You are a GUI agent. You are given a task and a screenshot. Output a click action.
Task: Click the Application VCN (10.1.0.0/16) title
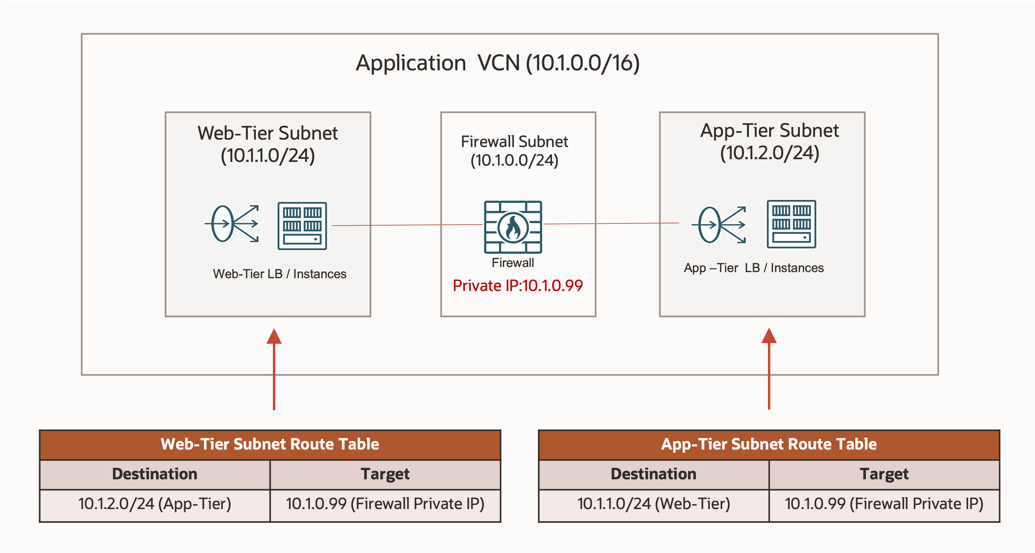[x=497, y=63]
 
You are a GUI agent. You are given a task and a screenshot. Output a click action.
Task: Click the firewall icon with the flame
[x=513, y=227]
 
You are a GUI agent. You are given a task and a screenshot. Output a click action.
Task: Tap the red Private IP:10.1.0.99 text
[x=517, y=286]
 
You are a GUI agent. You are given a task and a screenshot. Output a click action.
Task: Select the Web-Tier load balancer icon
[x=232, y=224]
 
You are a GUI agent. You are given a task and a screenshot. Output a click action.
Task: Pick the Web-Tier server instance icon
[x=302, y=226]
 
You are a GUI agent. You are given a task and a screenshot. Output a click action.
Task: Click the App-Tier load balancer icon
[x=719, y=225]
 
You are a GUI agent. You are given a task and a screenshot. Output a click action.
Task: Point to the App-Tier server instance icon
[x=791, y=224]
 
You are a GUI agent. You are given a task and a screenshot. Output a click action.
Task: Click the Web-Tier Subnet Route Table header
[x=270, y=444]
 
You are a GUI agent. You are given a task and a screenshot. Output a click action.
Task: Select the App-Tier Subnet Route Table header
[x=769, y=444]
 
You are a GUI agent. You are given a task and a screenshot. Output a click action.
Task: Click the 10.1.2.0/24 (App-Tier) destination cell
[x=155, y=504]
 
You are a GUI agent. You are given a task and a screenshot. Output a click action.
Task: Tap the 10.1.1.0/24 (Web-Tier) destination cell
[x=653, y=504]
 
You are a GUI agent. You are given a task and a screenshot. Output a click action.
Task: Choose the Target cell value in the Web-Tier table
[x=385, y=504]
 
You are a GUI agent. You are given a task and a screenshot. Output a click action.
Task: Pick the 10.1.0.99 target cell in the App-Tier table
[x=884, y=504]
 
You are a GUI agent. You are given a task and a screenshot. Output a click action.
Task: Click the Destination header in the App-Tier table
[x=653, y=474]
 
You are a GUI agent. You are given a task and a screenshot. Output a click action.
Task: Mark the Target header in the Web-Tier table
[x=385, y=474]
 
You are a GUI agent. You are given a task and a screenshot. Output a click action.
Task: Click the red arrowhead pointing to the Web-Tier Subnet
[x=274, y=337]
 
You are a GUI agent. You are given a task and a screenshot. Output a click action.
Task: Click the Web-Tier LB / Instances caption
[x=279, y=274]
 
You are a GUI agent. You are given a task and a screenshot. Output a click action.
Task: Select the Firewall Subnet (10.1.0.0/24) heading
[x=514, y=151]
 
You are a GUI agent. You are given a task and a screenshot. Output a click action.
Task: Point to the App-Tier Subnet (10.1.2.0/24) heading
[x=770, y=141]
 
